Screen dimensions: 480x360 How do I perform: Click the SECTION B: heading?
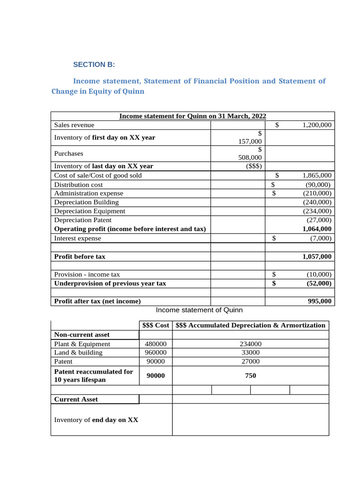pos(94,65)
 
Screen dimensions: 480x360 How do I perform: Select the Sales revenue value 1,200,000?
pos(317,125)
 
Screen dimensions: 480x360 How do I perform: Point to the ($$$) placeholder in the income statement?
pos(254,166)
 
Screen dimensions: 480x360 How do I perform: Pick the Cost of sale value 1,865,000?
pos(317,175)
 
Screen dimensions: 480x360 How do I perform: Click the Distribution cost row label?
pos(78,185)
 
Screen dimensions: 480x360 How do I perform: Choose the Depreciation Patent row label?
pos(82,220)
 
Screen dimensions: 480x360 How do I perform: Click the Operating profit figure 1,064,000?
pos(317,229)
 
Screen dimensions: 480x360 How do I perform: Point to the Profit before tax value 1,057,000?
pos(317,256)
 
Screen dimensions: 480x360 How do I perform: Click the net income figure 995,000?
pos(320,301)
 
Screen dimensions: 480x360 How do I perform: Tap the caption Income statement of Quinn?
pos(199,310)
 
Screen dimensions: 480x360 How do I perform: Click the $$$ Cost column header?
pos(156,325)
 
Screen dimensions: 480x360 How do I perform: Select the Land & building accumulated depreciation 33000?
pos(250,352)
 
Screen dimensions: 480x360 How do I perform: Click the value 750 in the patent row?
pos(250,375)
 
